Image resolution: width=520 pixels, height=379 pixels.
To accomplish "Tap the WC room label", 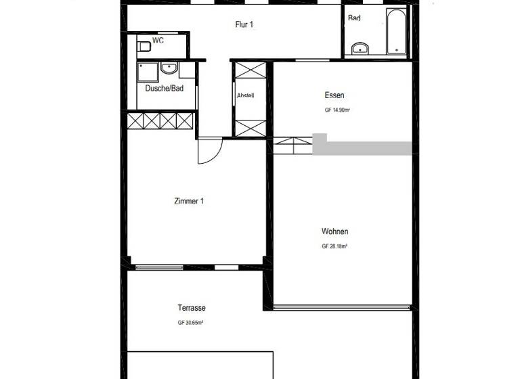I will (158, 41).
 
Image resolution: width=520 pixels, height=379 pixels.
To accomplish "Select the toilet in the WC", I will (143, 46).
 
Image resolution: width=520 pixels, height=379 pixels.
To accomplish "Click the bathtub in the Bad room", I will (396, 32).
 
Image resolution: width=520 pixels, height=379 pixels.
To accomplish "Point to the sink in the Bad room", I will (360, 47).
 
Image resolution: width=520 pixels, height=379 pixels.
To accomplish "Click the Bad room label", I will (354, 18).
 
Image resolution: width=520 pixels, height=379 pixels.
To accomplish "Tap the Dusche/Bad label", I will (165, 88).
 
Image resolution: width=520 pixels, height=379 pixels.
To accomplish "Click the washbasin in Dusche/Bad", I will (169, 68).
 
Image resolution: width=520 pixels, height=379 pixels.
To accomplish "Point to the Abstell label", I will (245, 95).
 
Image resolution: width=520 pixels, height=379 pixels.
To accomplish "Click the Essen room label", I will (334, 95).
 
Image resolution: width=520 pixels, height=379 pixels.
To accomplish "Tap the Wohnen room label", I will (334, 231).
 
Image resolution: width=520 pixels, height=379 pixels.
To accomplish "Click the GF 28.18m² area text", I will (334, 246).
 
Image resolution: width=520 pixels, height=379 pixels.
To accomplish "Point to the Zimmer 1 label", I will (189, 201).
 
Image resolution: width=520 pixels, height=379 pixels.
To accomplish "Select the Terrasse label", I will (192, 308).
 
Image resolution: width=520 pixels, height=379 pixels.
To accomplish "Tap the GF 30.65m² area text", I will (191, 323).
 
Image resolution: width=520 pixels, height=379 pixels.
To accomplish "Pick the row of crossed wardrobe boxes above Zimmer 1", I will (161, 121).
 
